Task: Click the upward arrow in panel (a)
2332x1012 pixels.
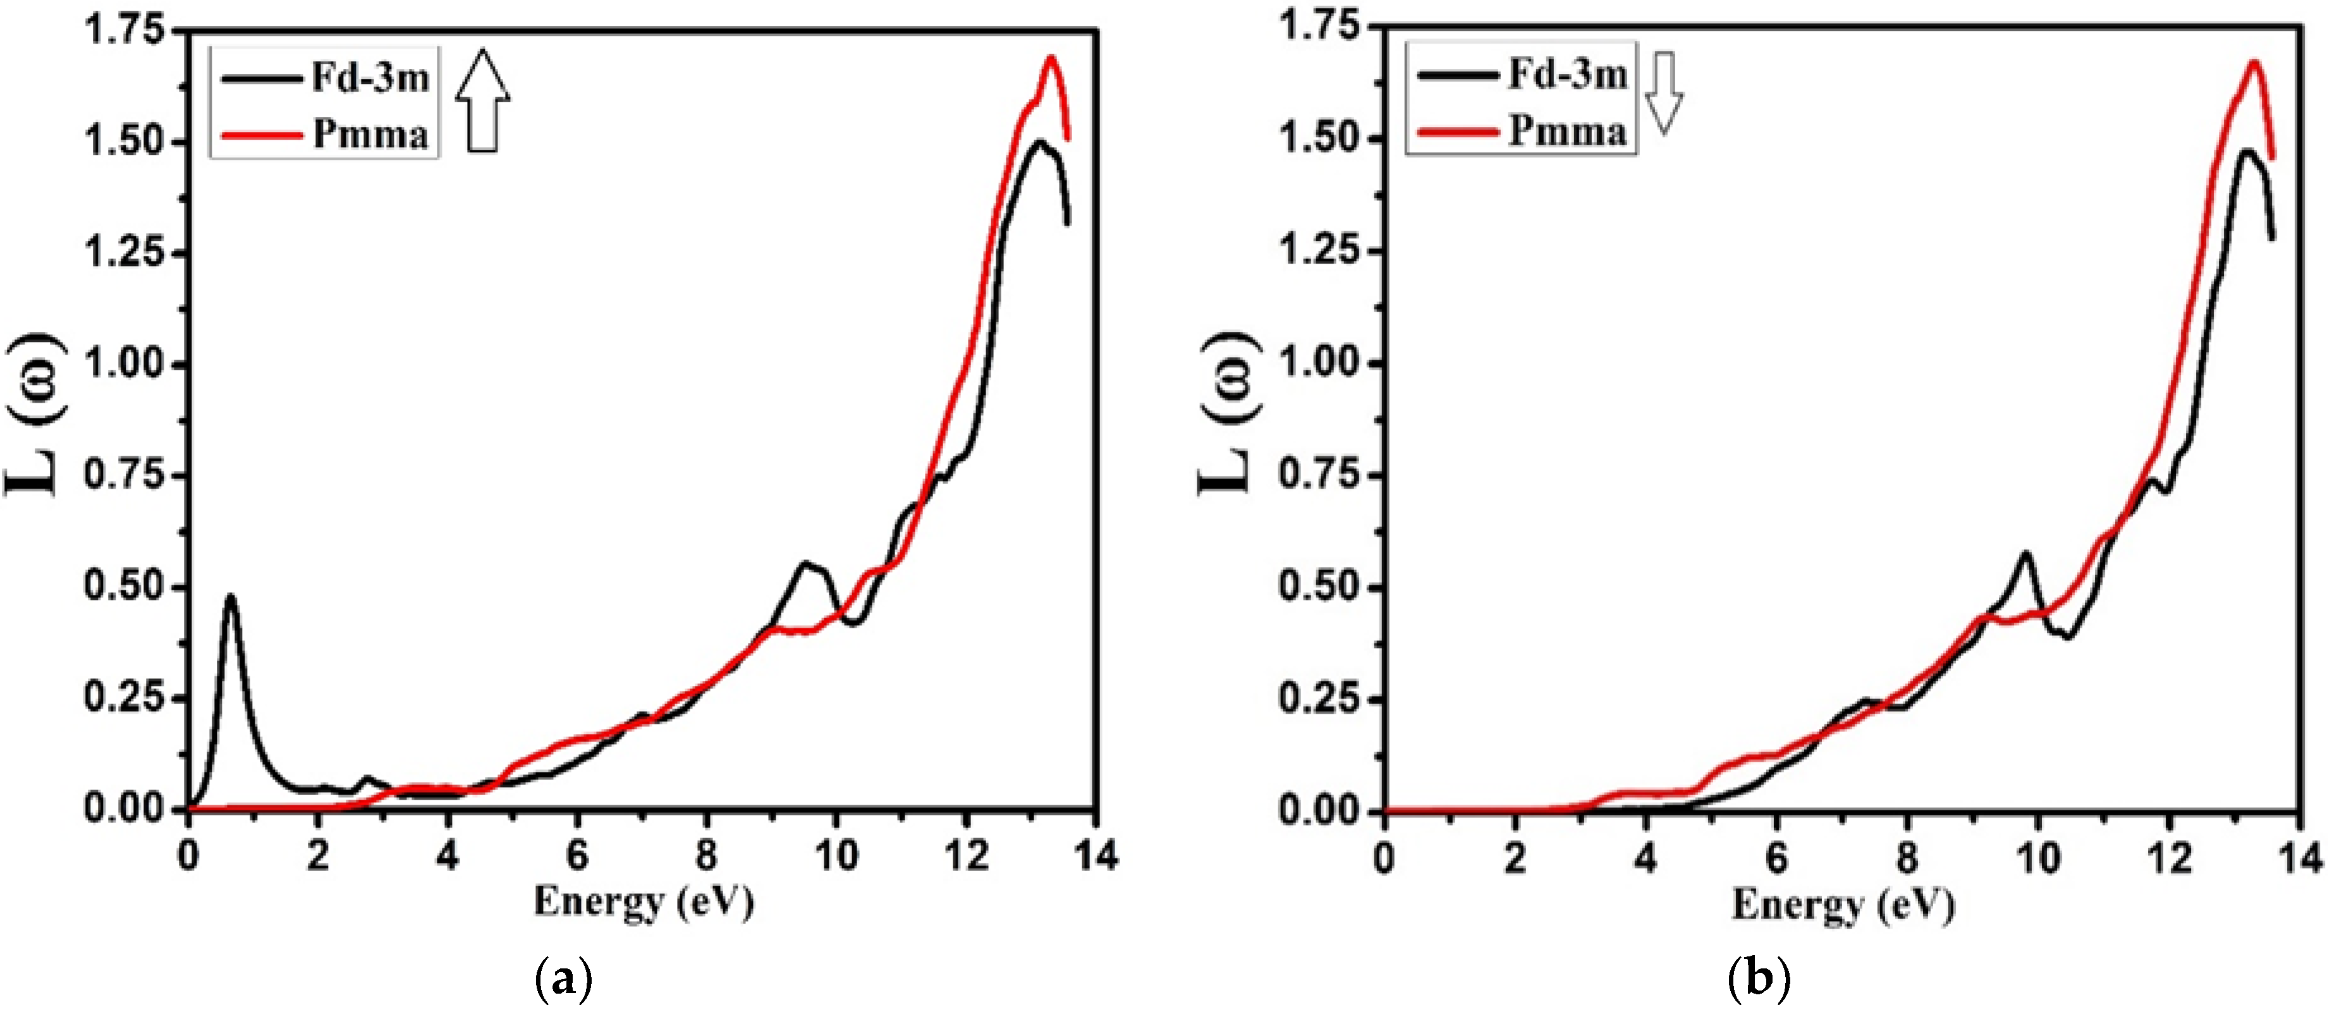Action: coord(482,101)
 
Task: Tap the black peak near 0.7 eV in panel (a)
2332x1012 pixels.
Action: coord(231,597)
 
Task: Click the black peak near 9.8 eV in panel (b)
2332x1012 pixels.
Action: coord(2025,554)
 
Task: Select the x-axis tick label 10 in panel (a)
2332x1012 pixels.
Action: coord(836,855)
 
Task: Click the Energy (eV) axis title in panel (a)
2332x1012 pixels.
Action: coord(644,903)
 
